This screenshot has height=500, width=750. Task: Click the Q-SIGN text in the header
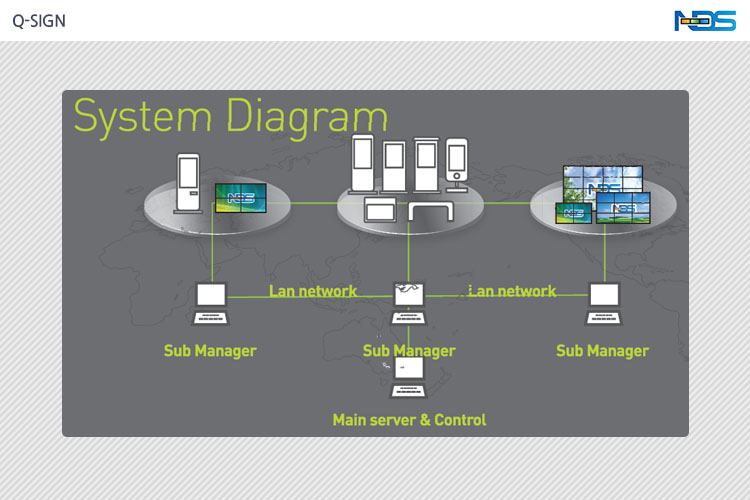coord(39,21)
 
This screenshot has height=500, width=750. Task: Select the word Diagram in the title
coord(306,116)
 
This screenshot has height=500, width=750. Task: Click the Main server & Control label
coord(409,420)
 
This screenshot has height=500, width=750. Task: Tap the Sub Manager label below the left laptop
coord(210,351)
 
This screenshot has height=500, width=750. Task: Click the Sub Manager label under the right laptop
coord(602,351)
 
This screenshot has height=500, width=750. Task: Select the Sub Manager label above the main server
coord(409,351)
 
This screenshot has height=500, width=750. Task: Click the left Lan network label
coord(313,291)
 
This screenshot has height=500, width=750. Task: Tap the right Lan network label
coord(512,291)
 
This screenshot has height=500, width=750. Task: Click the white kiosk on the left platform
coord(188,181)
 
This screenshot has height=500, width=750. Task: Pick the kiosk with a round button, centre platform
coord(457,164)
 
